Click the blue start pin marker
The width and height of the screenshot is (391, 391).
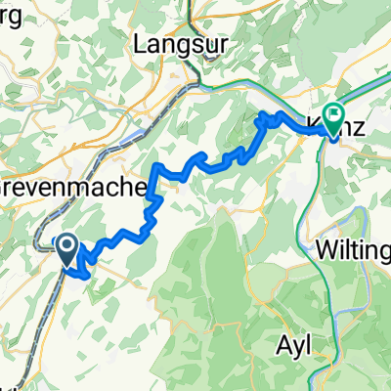point(67,249)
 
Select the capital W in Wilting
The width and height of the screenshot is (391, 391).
point(328,249)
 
